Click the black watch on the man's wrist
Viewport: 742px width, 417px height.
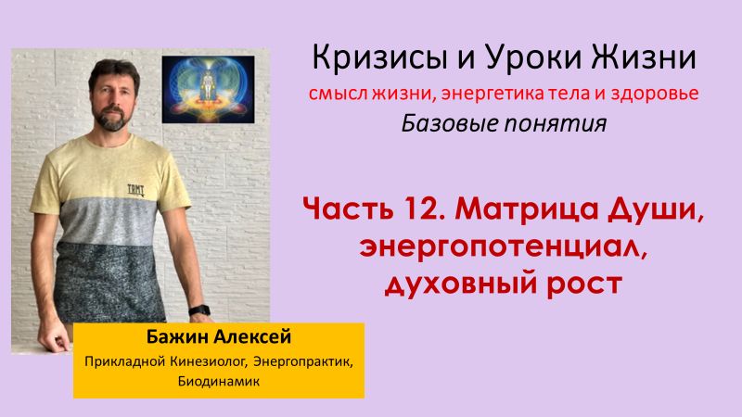click(x=198, y=310)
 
